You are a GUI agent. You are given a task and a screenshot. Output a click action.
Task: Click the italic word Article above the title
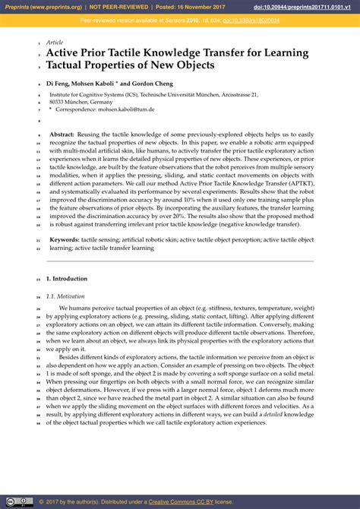pos(55,43)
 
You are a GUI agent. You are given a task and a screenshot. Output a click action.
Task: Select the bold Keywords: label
pos(65,239)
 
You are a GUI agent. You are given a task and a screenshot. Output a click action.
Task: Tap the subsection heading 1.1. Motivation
pos(65,296)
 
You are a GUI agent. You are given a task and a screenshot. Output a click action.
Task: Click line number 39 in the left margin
pos(38,423)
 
